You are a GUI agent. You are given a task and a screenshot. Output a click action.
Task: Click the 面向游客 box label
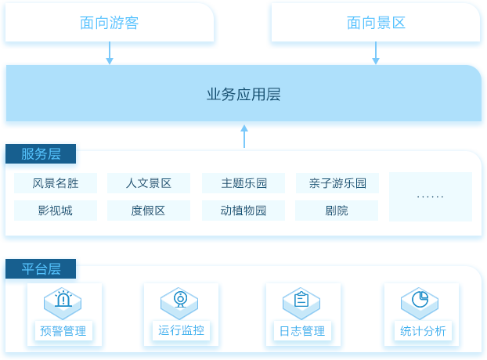109,23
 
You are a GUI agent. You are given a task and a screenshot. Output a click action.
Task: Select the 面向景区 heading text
376,23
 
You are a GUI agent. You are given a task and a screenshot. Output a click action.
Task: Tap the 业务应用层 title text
243,95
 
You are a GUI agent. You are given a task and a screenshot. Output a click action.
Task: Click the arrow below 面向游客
110,52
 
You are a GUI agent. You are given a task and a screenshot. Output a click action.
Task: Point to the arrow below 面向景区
376,52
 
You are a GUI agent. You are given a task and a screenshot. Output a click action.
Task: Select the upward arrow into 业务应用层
244,136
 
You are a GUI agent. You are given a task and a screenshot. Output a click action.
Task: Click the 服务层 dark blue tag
41,153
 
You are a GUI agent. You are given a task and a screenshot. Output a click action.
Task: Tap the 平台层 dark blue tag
41,268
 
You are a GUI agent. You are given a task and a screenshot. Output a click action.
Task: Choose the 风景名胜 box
56,183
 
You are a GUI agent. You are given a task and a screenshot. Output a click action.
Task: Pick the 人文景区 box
149,183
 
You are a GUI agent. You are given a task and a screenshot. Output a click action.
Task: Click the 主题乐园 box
243,183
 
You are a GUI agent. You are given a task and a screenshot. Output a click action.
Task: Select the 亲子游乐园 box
337,183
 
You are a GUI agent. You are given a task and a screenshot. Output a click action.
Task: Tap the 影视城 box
56,211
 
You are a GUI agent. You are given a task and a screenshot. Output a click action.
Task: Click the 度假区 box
149,211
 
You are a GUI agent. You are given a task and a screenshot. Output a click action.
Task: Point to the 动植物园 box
243,211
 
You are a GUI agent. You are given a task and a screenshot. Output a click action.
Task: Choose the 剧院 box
337,211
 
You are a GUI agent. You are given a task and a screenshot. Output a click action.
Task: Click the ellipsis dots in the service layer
430,196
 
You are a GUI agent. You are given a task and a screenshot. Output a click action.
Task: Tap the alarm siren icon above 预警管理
63,298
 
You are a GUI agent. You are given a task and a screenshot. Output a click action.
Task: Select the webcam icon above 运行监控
180,299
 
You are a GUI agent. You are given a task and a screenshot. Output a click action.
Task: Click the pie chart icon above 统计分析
420,299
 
